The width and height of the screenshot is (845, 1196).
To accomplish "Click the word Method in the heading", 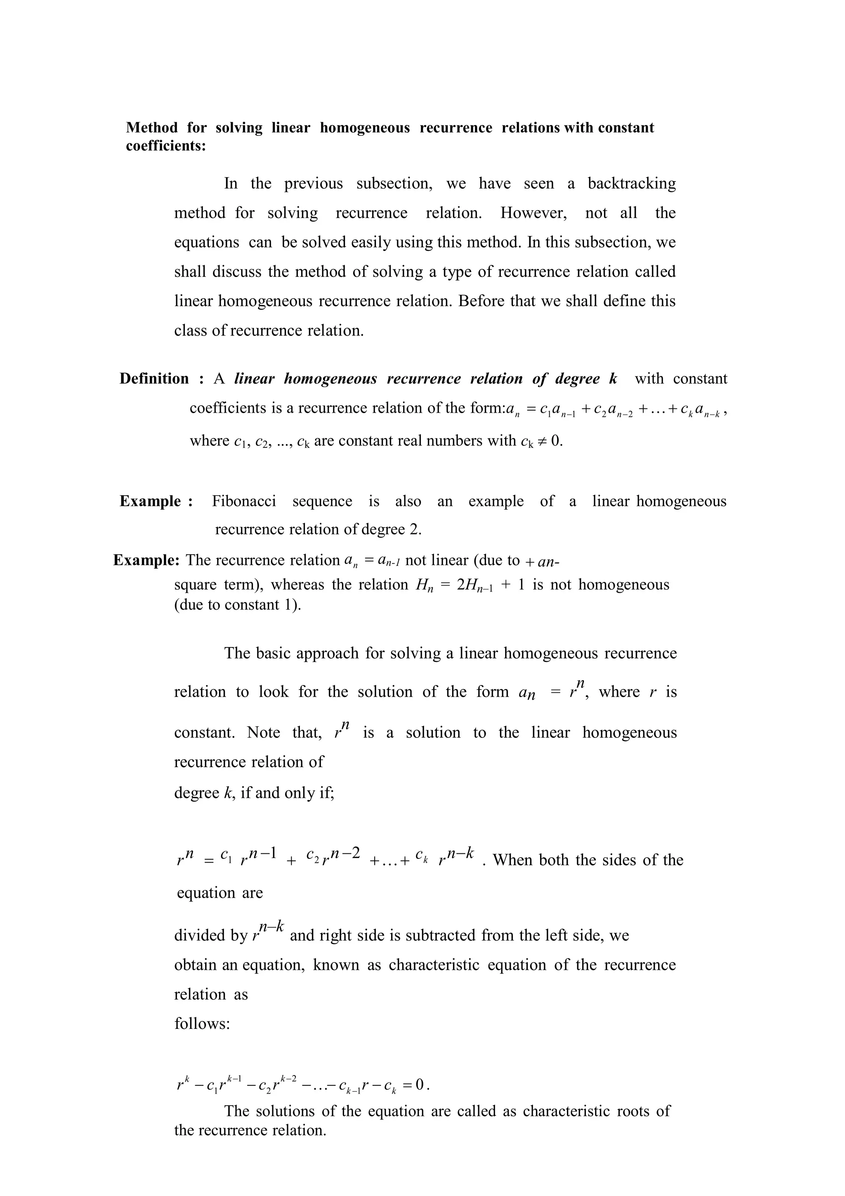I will click(151, 128).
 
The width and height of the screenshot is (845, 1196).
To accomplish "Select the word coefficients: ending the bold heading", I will click(165, 146).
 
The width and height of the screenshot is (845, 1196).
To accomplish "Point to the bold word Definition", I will click(154, 379).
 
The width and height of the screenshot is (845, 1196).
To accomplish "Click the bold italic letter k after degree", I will click(613, 379).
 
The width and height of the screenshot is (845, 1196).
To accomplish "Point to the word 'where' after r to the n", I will click(618, 692).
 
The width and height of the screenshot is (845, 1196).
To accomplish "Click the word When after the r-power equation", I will click(513, 860).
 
